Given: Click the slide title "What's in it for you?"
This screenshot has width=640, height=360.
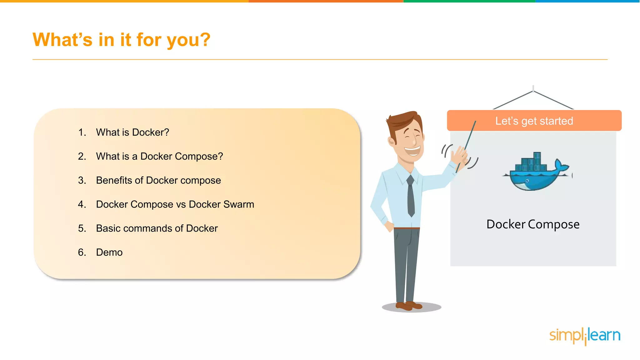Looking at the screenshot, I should pyautogui.click(x=121, y=40).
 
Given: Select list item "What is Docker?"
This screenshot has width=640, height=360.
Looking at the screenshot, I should pyautogui.click(x=132, y=132).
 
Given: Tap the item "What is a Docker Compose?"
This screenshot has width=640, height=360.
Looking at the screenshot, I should pyautogui.click(x=159, y=156).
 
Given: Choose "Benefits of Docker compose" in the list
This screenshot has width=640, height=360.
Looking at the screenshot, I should pyautogui.click(x=158, y=180).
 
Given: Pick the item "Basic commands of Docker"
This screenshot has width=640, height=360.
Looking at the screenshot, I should pyautogui.click(x=157, y=228).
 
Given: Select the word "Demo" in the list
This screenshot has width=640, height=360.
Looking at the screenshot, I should pyautogui.click(x=109, y=252).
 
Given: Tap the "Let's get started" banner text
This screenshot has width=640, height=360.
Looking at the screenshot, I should pyautogui.click(x=534, y=121).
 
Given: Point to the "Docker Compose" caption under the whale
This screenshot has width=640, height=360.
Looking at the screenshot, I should pyautogui.click(x=533, y=224).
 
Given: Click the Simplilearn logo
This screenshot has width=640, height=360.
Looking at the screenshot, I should pyautogui.click(x=585, y=336).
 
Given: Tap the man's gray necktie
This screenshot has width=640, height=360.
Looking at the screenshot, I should pyautogui.click(x=411, y=197).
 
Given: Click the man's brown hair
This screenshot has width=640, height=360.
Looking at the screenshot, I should pyautogui.click(x=403, y=120).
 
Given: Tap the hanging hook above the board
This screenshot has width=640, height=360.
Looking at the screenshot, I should pyautogui.click(x=533, y=89).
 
